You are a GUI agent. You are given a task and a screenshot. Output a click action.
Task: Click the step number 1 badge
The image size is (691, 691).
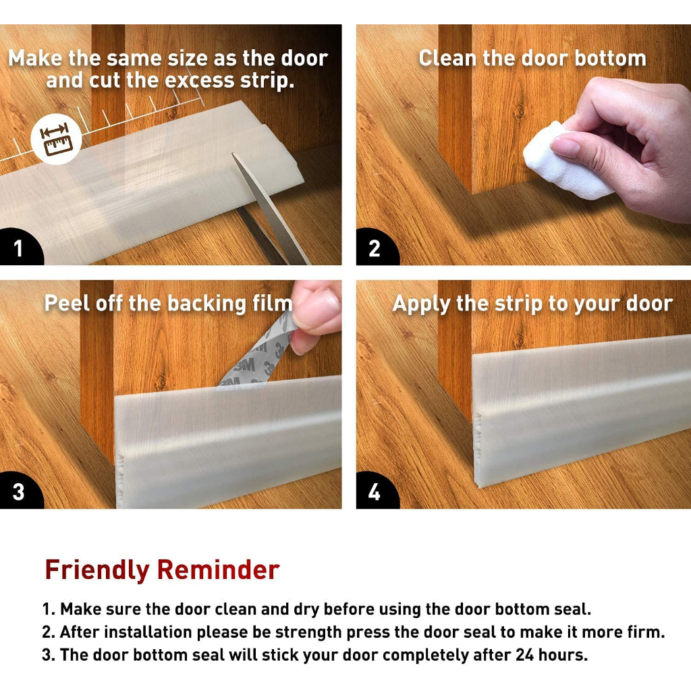pos(20,248)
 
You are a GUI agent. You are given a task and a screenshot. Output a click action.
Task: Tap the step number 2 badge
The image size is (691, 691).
pos(375,248)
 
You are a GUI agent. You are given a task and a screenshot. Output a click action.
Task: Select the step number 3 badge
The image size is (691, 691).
pos(20,491)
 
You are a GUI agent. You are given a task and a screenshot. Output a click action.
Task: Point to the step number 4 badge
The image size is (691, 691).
pos(375,491)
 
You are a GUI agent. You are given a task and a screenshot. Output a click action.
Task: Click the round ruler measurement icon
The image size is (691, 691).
pos(56,138)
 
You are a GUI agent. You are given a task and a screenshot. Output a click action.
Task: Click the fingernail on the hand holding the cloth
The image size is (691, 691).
pos(565,146)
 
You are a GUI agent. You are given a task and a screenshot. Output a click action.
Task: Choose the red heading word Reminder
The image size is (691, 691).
pos(219,570)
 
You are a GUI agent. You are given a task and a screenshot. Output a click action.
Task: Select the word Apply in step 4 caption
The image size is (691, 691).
pos(422,305)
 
